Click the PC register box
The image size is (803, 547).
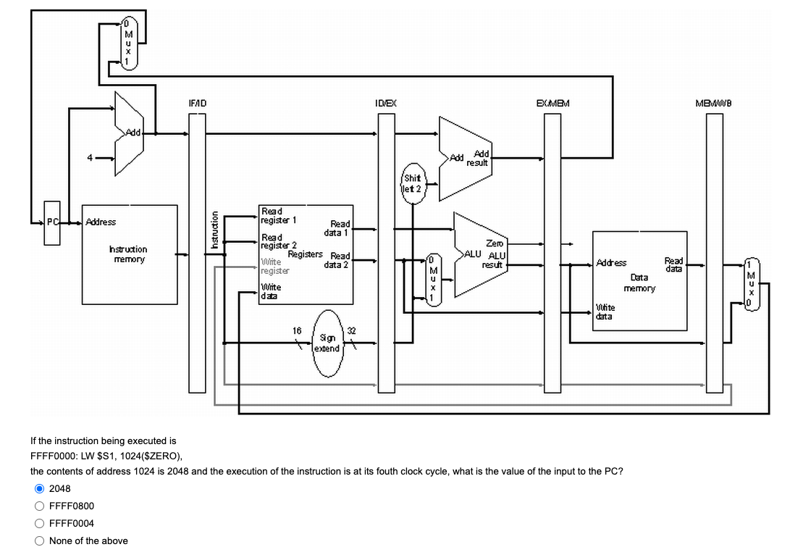pos(52,222)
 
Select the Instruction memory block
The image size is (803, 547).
pos(130,254)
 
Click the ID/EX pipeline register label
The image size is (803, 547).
pos(384,104)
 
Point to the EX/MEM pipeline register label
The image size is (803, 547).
pos(552,104)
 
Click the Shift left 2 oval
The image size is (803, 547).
pos(413,183)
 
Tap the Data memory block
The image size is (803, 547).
pos(639,278)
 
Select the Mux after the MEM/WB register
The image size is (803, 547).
pos(752,283)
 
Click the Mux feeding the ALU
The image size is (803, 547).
pos(432,279)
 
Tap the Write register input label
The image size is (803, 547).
pos(274,266)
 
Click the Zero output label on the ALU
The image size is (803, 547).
pos(495,244)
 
